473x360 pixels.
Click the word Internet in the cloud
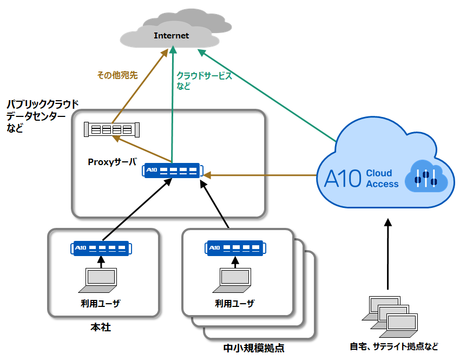pos(172,36)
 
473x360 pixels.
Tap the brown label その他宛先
pos(117,75)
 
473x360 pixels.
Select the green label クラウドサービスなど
pos(204,81)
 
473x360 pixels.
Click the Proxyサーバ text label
pos(112,161)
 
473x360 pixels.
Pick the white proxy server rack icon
pos(112,129)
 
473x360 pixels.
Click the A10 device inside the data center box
pos(172,171)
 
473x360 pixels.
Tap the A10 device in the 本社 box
pos(100,248)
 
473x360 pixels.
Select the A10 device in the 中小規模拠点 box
pos(236,248)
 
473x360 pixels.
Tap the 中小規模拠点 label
pos(254,348)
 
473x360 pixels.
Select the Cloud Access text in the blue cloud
pos(382,179)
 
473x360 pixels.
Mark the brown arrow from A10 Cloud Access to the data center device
pos(260,175)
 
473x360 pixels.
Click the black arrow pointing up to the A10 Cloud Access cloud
pos(387,254)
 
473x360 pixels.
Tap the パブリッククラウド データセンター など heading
pos(42,116)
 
